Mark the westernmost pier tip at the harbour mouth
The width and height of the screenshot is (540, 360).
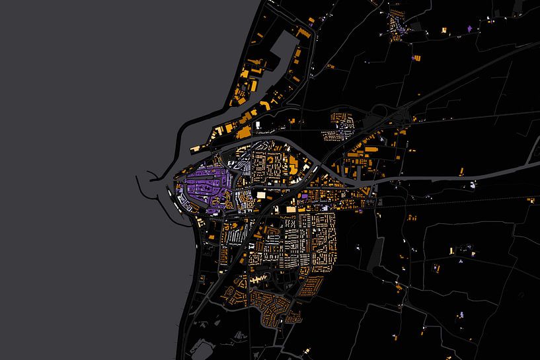click(x=137, y=177)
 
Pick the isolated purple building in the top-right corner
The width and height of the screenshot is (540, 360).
click(x=470, y=28)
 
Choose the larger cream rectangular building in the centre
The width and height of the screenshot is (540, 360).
click(x=262, y=194)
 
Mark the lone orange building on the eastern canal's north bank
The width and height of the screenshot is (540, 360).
click(x=472, y=170)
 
